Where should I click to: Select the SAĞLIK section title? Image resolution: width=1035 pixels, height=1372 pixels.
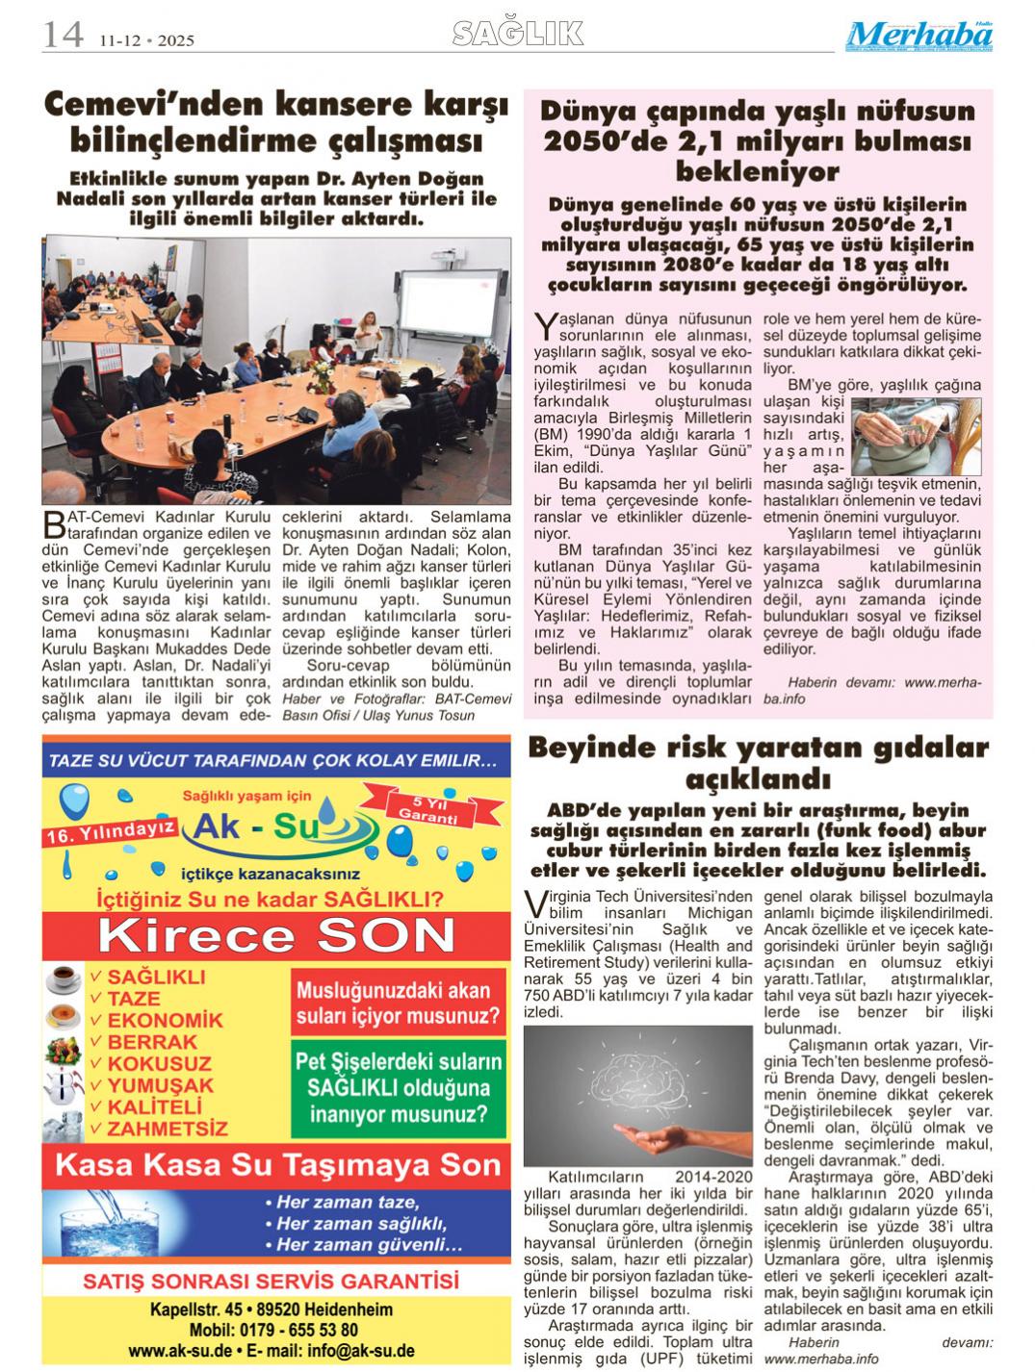click(x=518, y=35)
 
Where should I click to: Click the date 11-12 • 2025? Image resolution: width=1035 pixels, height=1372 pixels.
click(x=145, y=40)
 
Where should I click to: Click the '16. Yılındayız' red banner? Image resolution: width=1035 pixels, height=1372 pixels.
click(x=108, y=830)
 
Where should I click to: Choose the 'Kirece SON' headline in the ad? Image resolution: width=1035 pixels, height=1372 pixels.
click(x=277, y=934)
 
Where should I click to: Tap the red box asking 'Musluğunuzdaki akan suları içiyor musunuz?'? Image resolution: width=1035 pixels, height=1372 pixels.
click(x=399, y=1002)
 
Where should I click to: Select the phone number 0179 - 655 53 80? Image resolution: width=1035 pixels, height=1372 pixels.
click(x=306, y=1330)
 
